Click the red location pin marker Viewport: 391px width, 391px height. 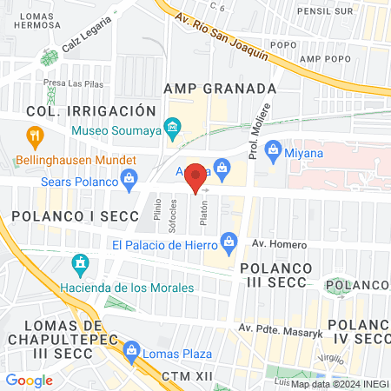196,177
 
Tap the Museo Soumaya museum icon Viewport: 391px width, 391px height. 172,130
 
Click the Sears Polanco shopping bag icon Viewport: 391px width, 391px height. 129,181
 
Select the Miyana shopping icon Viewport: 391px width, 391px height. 272,149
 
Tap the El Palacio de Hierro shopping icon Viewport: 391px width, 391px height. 229,241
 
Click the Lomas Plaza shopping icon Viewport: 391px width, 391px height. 132,352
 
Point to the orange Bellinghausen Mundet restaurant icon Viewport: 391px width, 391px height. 35,136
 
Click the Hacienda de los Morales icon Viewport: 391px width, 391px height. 81,263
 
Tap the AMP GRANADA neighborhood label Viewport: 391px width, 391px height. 220,89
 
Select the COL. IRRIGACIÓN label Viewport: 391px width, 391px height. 90,111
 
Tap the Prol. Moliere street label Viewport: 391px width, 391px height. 265,123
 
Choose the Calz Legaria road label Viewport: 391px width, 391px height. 86,34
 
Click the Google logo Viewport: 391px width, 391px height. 30,380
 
